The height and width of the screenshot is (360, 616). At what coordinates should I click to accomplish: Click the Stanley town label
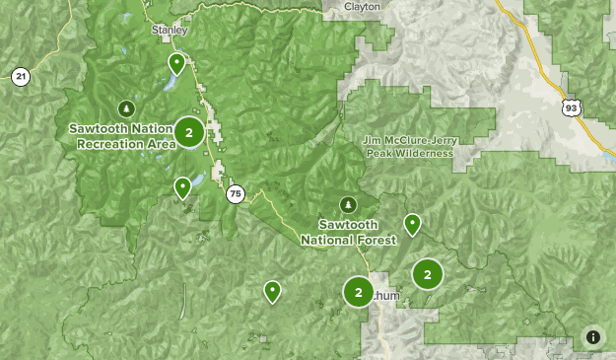(x=170, y=30)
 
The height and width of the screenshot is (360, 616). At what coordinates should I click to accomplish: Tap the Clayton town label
(x=362, y=6)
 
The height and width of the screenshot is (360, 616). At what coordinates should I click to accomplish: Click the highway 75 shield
(x=234, y=194)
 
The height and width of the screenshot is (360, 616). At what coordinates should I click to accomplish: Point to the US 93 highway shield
(x=573, y=106)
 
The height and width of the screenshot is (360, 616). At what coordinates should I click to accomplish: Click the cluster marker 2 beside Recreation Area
(x=189, y=132)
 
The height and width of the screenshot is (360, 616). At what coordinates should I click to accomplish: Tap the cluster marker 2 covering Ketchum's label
(x=358, y=292)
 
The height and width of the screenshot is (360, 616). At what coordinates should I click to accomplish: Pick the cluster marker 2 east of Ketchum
(x=427, y=275)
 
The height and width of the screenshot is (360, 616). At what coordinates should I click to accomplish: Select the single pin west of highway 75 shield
(x=182, y=187)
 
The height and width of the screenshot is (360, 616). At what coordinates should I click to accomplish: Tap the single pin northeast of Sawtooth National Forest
(x=413, y=225)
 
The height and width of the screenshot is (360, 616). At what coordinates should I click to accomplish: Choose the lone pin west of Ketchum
(x=272, y=291)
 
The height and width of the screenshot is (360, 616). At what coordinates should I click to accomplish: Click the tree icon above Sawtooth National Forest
(x=347, y=204)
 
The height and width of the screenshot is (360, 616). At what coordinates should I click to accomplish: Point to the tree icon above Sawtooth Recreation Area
(x=125, y=108)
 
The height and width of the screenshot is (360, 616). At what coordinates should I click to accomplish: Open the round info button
(x=593, y=337)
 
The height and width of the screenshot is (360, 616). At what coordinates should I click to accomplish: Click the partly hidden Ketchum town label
(x=387, y=294)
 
